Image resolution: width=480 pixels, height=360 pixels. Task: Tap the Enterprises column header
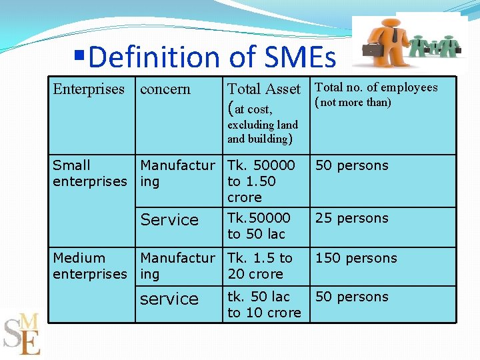coord(89,89)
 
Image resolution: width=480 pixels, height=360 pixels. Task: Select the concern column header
coord(165,89)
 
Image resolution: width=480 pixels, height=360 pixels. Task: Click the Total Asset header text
coord(264,89)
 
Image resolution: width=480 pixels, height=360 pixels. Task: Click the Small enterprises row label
coord(89,173)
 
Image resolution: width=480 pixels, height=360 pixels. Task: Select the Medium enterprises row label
coord(89,266)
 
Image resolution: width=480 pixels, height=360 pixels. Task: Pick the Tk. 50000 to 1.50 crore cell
coord(261,181)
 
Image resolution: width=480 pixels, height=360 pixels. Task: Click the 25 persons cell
coord(351,218)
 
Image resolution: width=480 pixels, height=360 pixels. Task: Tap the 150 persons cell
coord(355,258)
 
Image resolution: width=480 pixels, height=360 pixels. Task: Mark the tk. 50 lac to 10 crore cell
coord(264,305)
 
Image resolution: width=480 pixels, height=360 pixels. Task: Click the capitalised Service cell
coord(169,220)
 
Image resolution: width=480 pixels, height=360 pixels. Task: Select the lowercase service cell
coord(169,299)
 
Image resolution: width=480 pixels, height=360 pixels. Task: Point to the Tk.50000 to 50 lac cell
coord(259,226)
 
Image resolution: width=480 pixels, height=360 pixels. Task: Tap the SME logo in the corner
coord(23,333)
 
